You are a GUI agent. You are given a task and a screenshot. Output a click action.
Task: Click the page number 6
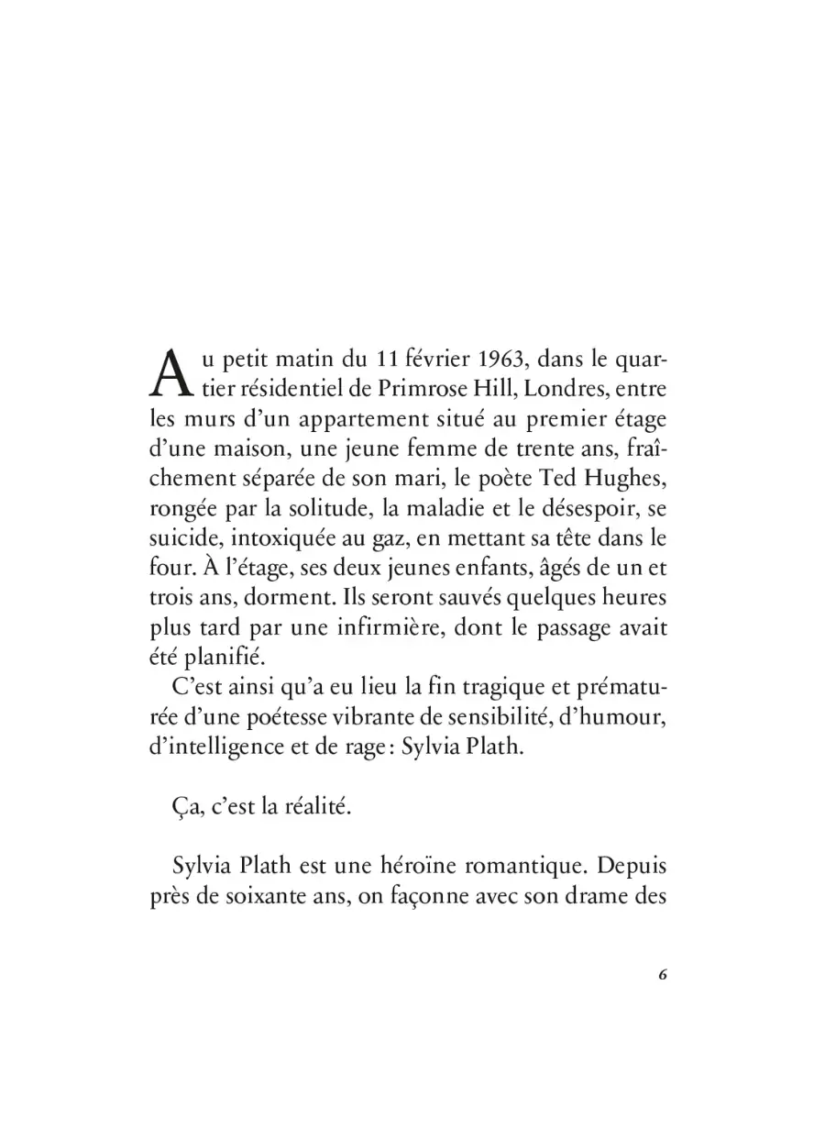pyautogui.click(x=662, y=974)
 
